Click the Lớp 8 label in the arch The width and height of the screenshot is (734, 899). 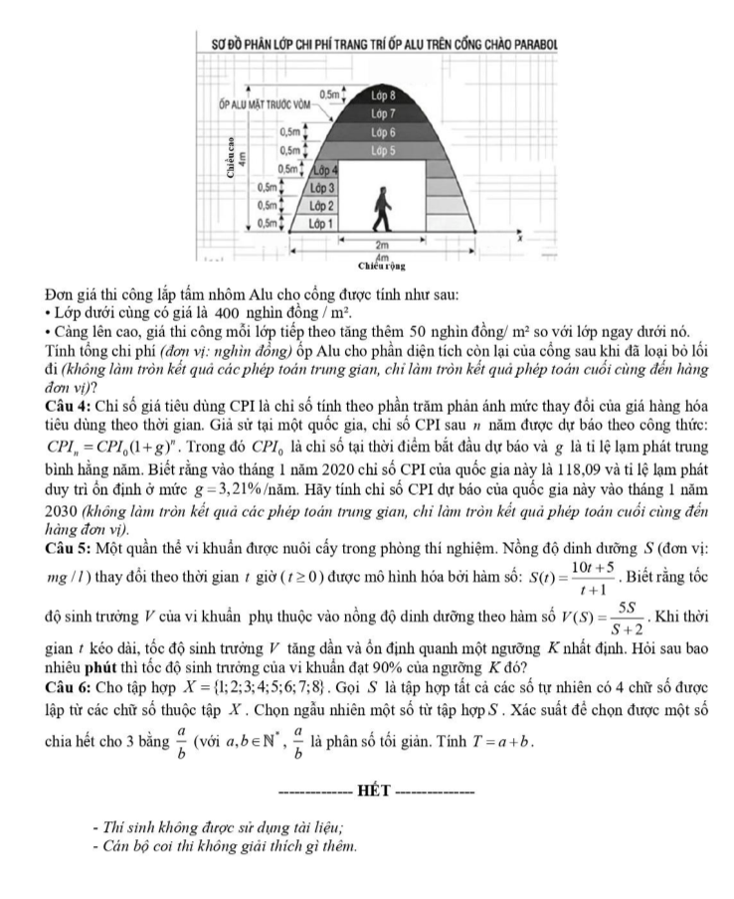[x=383, y=96]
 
